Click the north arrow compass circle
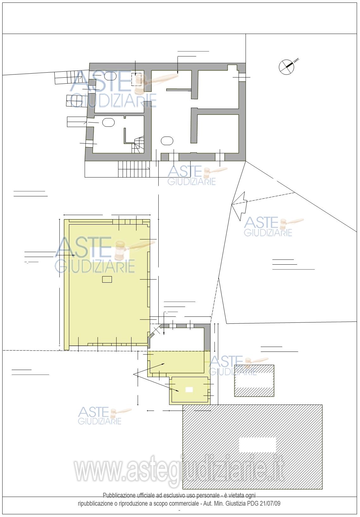pyautogui.click(x=287, y=67)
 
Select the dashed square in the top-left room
pyautogui.click(x=136, y=80)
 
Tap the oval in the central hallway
pyautogui.click(x=167, y=141)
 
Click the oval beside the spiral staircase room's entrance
pyautogui.click(x=108, y=122)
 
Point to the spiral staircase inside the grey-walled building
pyautogui.click(x=138, y=144)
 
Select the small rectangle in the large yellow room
pyautogui.click(x=107, y=280)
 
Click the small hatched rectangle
pyautogui.click(x=254, y=381)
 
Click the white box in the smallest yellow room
pyautogui.click(x=189, y=390)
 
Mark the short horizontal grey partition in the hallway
pyautogui.click(x=179, y=90)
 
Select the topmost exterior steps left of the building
pyautogui.click(x=69, y=77)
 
